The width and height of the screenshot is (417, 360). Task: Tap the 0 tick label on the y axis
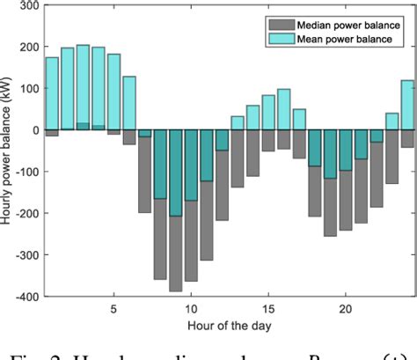click(29, 130)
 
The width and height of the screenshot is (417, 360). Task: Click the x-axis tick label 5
click(113, 310)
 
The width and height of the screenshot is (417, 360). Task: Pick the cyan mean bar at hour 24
click(407, 105)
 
